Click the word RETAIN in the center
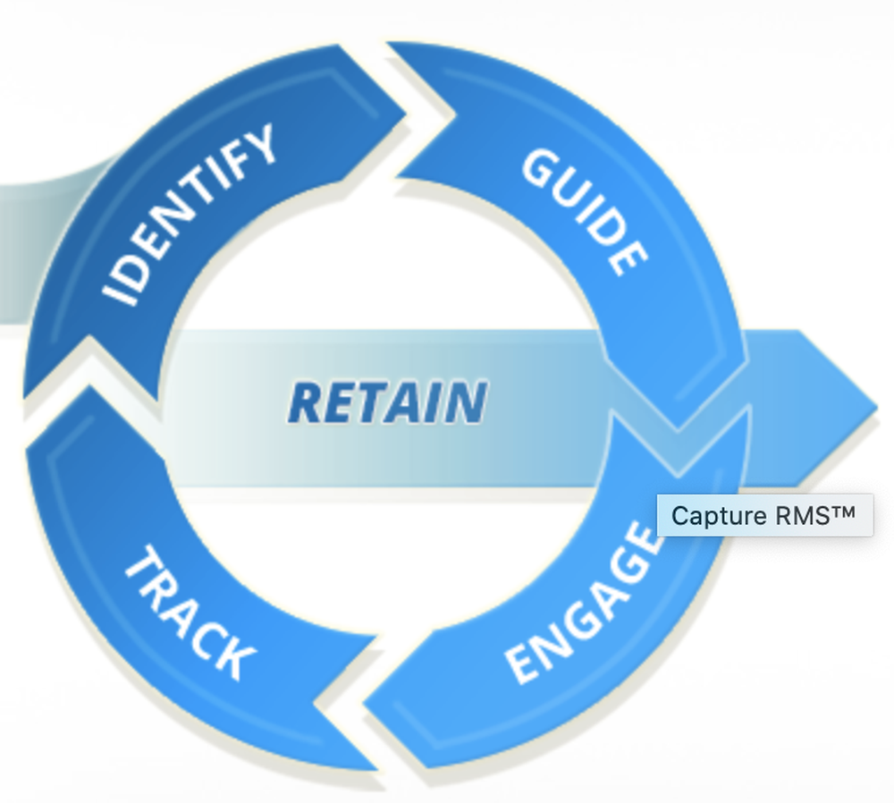[x=388, y=402]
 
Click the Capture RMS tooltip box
[x=764, y=516]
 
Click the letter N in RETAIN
[x=467, y=402]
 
